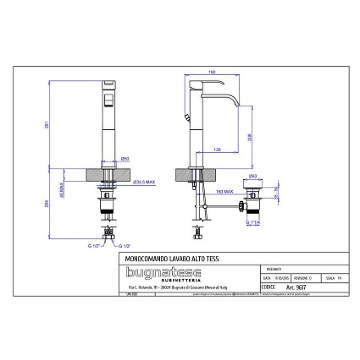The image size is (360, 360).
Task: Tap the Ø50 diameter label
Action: coord(126,158)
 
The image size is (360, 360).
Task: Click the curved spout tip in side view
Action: coord(236,104)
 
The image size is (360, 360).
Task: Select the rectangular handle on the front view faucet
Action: coord(108,100)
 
